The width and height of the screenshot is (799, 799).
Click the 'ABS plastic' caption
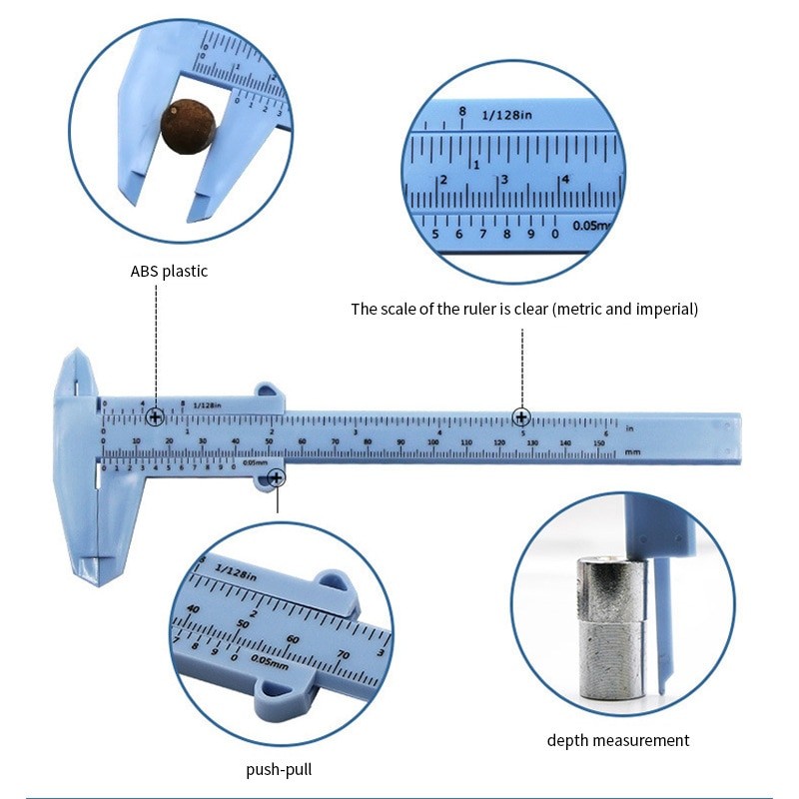tap(169, 271)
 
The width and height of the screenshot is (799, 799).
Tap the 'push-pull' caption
tap(278, 770)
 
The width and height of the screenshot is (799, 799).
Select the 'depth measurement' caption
tap(618, 740)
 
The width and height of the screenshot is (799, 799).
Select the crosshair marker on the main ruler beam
tap(521, 417)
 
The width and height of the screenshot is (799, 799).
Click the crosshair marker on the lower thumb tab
tap(277, 479)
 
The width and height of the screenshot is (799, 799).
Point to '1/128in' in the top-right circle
tap(507, 116)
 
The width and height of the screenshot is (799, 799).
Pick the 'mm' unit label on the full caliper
tap(632, 452)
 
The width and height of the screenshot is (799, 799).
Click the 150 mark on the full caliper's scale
tap(598, 442)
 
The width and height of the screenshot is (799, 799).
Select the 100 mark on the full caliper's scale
tap(433, 442)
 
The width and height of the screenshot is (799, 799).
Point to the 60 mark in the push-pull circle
tap(293, 639)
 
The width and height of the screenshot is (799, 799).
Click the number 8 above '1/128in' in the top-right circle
tap(462, 111)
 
